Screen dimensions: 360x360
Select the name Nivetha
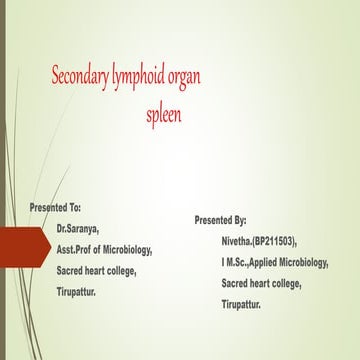pos(243,241)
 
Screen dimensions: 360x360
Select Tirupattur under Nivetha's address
pos(248,303)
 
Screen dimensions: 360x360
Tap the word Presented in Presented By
pos(212,219)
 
